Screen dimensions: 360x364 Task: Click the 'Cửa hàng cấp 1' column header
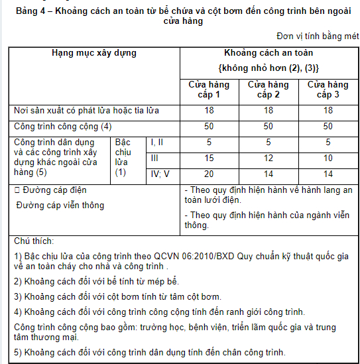(x=209, y=90)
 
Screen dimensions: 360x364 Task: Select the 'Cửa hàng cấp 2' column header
(x=269, y=90)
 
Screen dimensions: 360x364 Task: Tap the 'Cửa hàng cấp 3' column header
(x=328, y=90)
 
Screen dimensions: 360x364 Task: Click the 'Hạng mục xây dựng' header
(x=94, y=53)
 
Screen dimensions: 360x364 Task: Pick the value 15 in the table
(x=209, y=158)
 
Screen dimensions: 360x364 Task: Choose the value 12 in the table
(x=269, y=158)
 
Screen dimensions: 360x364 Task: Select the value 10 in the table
(x=328, y=158)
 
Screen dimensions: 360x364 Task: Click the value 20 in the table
(x=209, y=174)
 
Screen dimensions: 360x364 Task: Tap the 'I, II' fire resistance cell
(x=158, y=142)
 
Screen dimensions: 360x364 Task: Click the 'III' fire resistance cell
(x=155, y=158)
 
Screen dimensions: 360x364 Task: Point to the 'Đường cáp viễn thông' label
(x=60, y=206)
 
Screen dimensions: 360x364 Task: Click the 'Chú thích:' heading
(x=34, y=242)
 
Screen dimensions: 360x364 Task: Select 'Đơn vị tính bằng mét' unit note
(x=316, y=35)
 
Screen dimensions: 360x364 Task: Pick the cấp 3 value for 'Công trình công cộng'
(x=328, y=126)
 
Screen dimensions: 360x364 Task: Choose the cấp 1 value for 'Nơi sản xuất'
(x=209, y=110)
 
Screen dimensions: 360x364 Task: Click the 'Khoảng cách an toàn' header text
(x=269, y=53)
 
